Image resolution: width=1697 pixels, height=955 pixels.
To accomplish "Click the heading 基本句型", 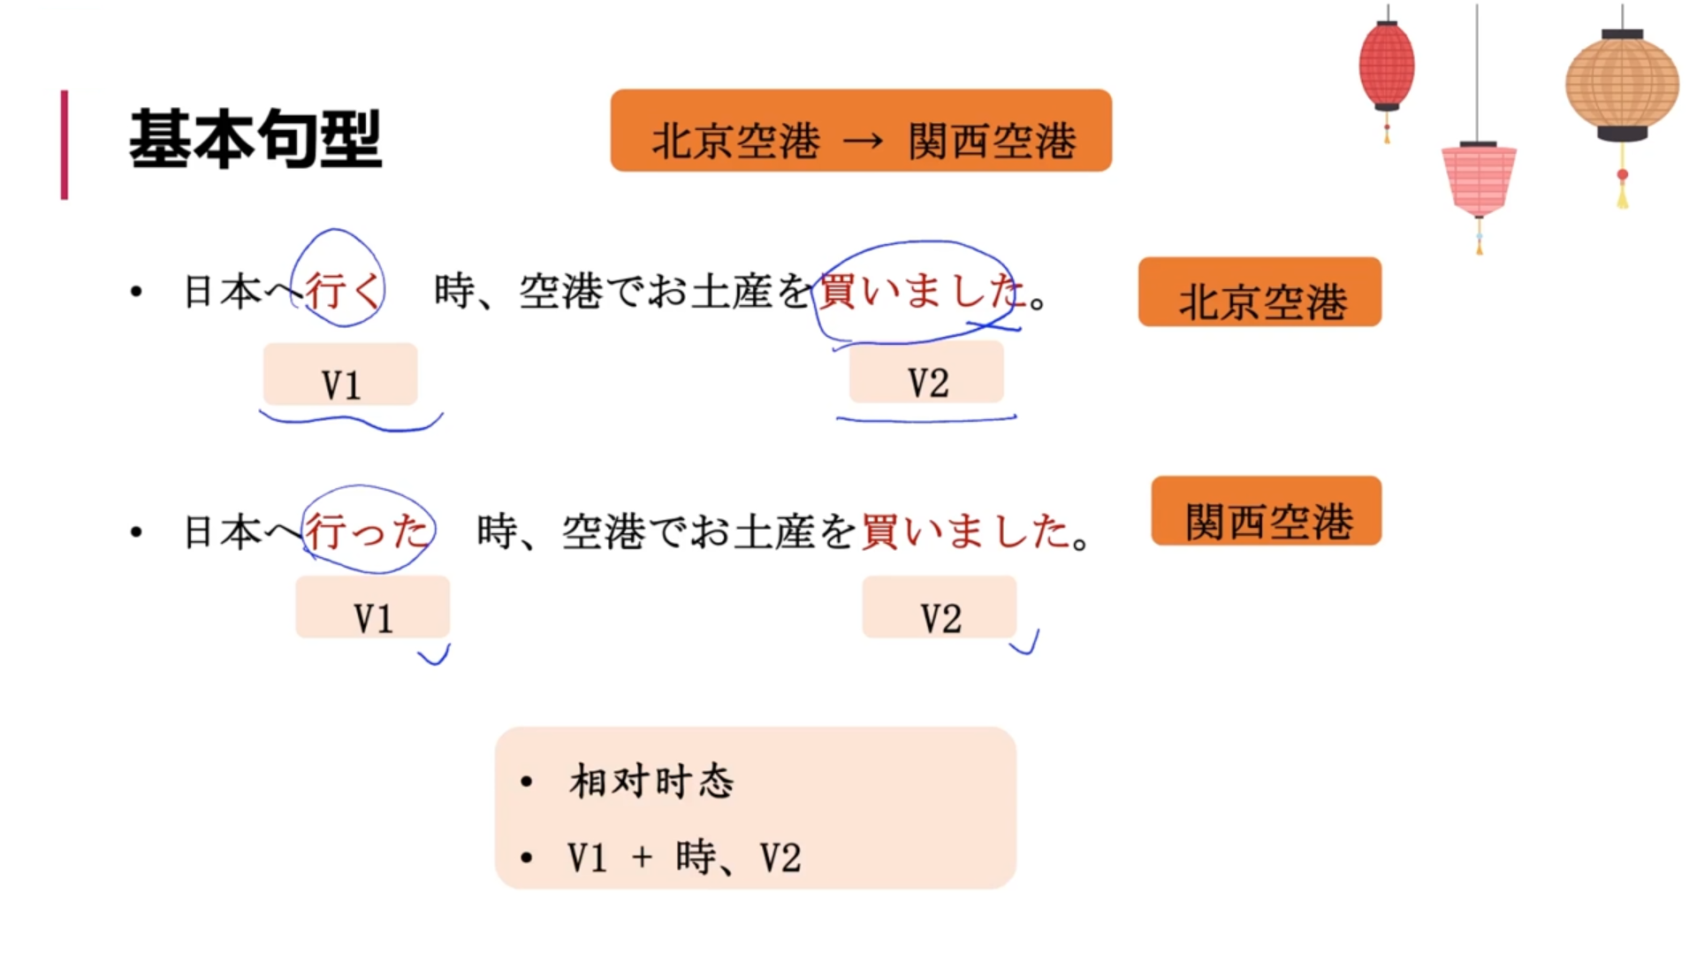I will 255,140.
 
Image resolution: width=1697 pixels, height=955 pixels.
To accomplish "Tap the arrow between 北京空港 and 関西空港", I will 864,141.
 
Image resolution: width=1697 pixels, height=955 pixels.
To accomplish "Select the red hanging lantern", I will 1386,66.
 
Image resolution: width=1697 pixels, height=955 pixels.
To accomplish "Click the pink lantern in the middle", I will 1479,180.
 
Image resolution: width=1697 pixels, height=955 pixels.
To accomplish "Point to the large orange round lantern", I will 1622,85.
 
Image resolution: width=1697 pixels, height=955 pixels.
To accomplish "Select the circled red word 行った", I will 367,531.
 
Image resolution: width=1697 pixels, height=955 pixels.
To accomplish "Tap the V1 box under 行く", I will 340,376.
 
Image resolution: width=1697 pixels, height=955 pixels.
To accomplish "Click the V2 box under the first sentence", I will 926,374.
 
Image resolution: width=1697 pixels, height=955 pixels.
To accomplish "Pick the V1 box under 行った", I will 372,608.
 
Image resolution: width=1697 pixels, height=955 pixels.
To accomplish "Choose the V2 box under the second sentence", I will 939,608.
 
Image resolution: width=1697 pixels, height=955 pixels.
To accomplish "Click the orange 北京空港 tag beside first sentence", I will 1259,294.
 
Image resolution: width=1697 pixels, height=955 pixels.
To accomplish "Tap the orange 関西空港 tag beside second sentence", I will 1266,512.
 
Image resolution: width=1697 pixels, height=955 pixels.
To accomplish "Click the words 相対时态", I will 651,782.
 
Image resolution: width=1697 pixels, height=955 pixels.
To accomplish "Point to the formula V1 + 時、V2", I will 684,858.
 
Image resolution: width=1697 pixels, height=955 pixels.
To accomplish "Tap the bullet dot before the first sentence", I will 136,292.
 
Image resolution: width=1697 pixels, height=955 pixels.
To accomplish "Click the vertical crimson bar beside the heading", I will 65,144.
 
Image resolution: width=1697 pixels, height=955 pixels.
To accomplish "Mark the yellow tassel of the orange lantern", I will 1623,191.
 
